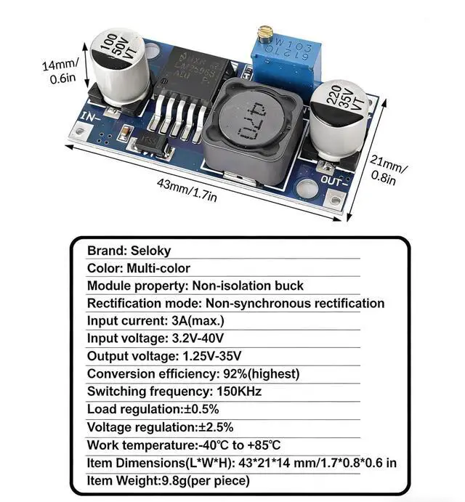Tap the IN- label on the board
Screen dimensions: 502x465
click(91, 116)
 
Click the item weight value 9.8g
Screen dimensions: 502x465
click(180, 481)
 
